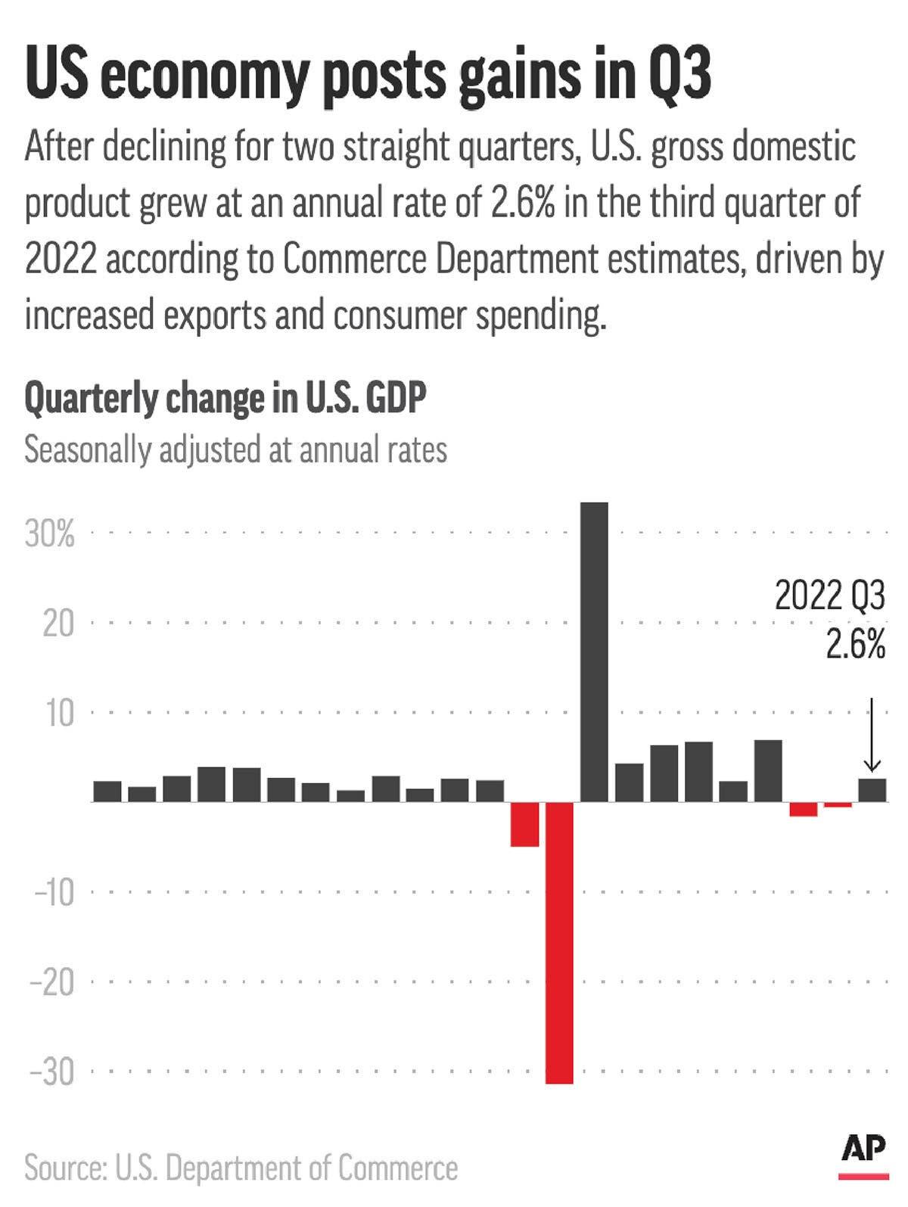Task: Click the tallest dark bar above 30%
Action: tap(594, 651)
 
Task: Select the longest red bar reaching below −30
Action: tap(560, 942)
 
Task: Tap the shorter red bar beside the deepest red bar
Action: tap(524, 824)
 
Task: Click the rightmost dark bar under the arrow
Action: tap(872, 790)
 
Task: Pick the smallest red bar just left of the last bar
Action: tap(838, 805)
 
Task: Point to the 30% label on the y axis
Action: tap(50, 534)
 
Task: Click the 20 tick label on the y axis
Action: tap(58, 624)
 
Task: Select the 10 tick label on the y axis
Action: tap(59, 714)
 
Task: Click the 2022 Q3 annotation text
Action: tap(829, 596)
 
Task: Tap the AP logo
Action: tap(863, 1153)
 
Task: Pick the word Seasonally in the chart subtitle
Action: tap(87, 450)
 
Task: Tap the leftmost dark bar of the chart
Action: tap(107, 792)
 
